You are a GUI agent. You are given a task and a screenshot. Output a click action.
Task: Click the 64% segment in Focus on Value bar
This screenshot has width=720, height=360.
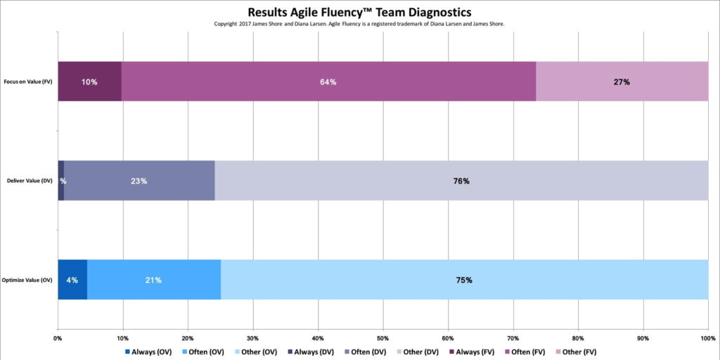(328, 82)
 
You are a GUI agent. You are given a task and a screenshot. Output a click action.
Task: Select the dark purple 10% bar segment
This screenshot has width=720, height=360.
(89, 82)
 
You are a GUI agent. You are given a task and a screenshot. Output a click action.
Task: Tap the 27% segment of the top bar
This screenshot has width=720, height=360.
(622, 82)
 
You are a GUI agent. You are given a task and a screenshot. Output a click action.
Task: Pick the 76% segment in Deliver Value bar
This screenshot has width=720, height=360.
(461, 181)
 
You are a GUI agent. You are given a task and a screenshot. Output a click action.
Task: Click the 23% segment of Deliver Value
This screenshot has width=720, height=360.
(139, 181)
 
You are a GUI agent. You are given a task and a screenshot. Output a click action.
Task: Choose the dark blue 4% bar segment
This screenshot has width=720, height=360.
(72, 280)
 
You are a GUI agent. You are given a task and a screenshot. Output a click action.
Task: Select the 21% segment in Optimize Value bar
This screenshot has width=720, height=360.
(153, 280)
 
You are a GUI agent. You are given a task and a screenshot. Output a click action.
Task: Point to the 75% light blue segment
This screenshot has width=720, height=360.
(464, 280)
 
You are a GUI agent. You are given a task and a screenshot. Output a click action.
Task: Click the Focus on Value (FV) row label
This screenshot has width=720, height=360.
(29, 82)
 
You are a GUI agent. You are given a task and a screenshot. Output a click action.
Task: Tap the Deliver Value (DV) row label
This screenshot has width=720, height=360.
(29, 181)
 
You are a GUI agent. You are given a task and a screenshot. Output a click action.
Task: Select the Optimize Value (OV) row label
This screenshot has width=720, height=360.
(27, 280)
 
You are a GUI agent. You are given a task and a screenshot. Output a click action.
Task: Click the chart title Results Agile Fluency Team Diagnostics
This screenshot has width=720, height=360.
(359, 12)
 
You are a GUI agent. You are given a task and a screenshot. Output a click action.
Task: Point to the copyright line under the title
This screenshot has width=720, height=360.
(359, 24)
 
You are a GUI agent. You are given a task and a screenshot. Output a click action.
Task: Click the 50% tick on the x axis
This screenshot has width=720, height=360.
(382, 337)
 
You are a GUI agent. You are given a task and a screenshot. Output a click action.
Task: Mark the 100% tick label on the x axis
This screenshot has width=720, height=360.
(707, 337)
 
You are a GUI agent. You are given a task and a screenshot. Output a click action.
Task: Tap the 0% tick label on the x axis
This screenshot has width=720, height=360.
(58, 337)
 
